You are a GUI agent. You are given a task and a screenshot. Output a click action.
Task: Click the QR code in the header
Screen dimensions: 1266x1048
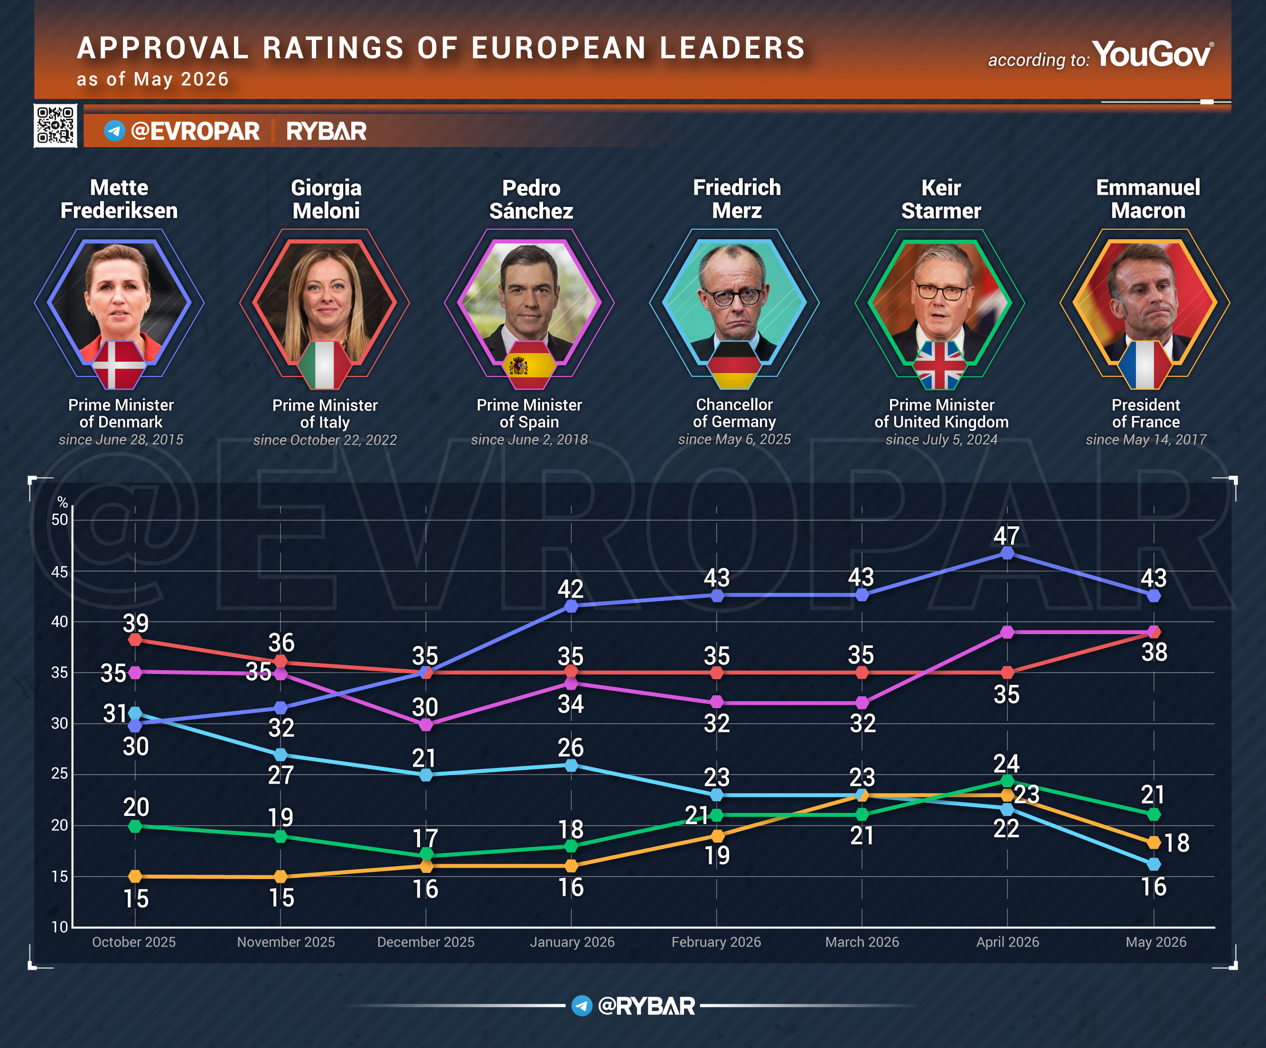pos(56,125)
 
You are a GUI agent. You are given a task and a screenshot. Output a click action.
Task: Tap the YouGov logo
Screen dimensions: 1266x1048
pos(1152,54)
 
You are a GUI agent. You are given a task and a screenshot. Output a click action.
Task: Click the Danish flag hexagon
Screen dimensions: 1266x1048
pos(119,365)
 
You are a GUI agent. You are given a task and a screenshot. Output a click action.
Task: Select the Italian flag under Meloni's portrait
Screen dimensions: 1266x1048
pos(324,365)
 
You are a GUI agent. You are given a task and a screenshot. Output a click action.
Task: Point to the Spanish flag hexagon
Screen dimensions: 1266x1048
pos(529,365)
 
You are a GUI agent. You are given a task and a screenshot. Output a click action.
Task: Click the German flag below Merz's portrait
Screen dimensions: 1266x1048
pos(734,365)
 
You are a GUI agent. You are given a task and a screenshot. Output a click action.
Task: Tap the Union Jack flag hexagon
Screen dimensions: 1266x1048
pos(939,365)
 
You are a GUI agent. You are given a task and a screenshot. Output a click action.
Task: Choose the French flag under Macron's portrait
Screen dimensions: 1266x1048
pos(1145,365)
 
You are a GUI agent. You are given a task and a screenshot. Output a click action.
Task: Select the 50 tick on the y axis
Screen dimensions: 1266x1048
pos(60,519)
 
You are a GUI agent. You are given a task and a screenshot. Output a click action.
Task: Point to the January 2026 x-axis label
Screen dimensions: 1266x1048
pos(572,942)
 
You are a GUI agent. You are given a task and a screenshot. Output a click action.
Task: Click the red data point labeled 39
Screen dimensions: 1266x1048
pos(136,639)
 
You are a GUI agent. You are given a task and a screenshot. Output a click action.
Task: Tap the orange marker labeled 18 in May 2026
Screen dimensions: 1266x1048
pos(1154,842)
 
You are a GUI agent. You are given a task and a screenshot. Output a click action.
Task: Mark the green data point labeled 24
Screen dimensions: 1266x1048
pos(1007,781)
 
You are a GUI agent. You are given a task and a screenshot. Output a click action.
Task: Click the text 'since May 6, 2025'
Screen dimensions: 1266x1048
pos(734,440)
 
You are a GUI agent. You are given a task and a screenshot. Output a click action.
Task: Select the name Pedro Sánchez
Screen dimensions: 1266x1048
pos(531,199)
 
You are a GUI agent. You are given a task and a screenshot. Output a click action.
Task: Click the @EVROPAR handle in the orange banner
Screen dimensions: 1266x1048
pos(195,131)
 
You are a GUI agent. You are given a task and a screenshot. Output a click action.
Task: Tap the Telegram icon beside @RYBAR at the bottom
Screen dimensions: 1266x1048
pos(582,1005)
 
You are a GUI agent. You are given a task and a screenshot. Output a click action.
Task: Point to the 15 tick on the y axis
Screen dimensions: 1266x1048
pos(60,876)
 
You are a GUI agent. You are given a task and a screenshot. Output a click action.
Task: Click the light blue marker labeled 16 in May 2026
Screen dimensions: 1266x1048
pos(1154,864)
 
